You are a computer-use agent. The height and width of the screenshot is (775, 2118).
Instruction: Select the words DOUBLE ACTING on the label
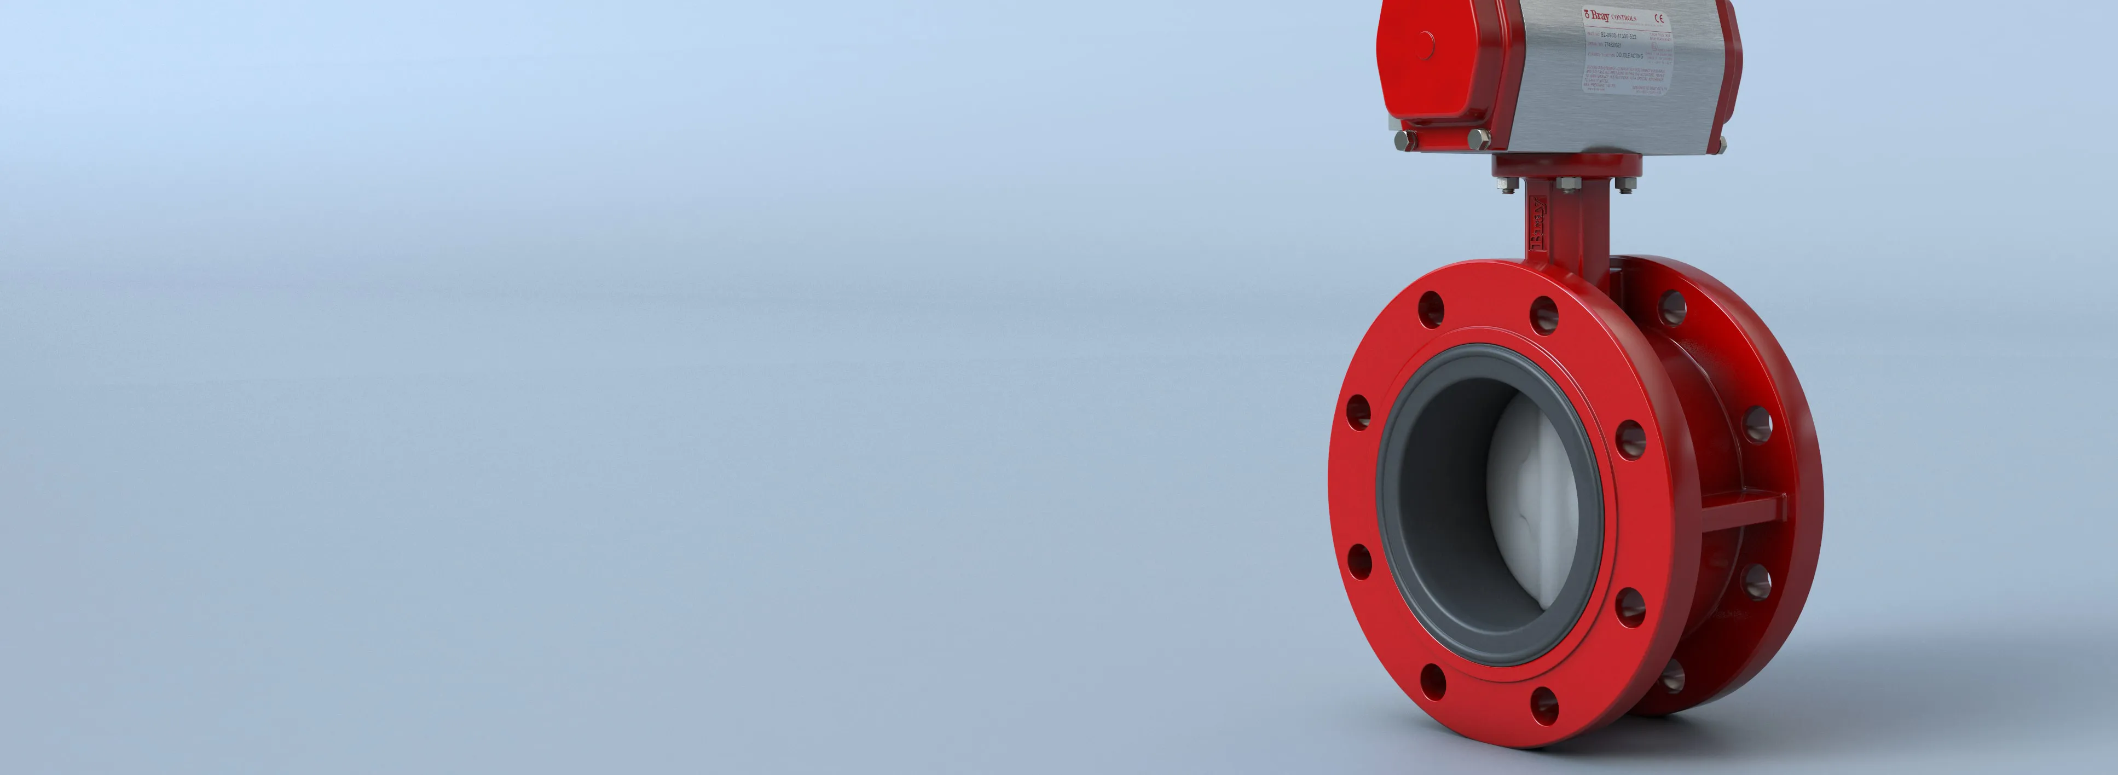(x=1630, y=56)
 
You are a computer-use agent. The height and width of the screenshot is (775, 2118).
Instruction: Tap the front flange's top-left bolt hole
(x=1431, y=309)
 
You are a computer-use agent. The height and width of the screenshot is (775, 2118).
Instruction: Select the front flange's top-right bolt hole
(x=1544, y=314)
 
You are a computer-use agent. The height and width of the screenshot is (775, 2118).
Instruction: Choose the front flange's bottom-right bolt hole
(x=1546, y=704)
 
